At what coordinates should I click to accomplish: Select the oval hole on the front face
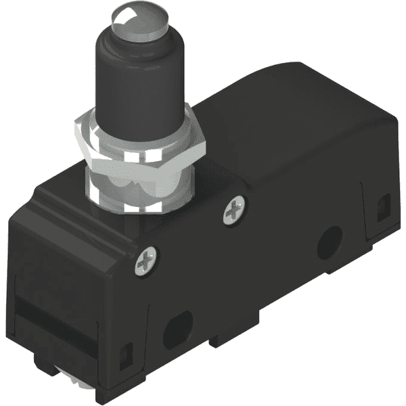tap(177, 330)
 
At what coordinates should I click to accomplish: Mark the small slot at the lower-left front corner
tap(125, 355)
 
